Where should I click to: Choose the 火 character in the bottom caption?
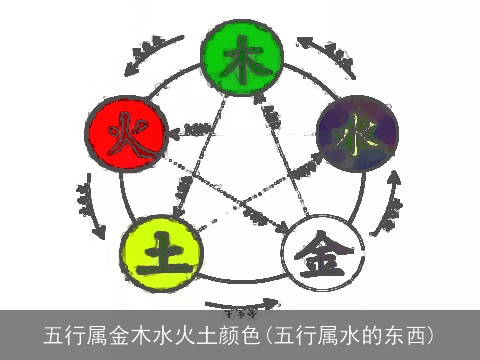point(189,333)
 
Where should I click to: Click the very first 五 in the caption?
point(55,333)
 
